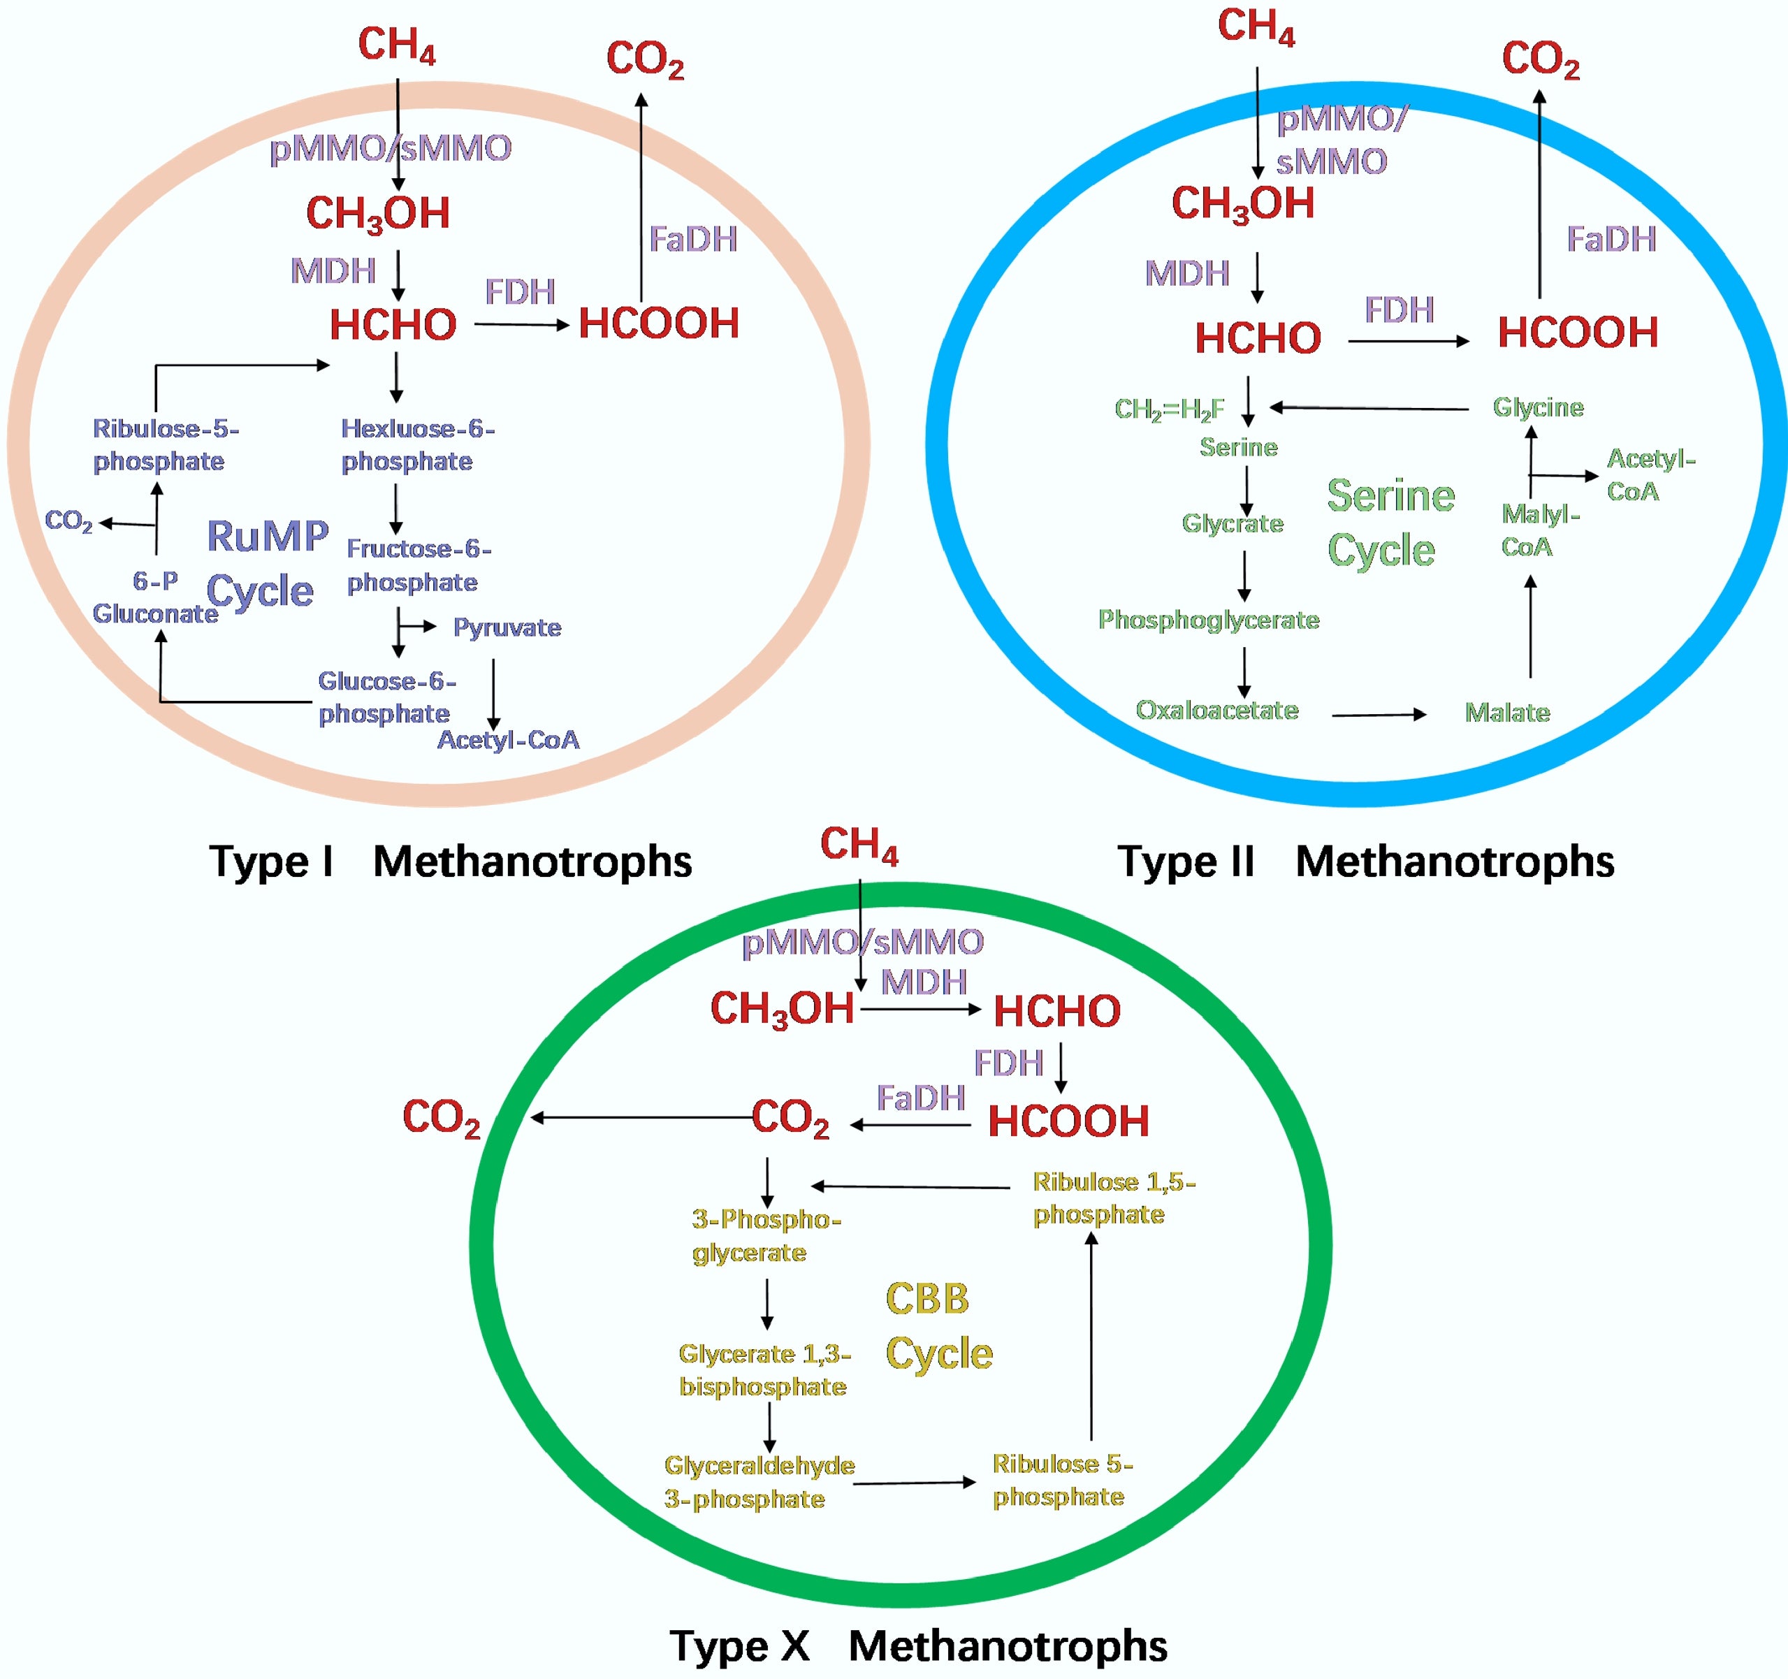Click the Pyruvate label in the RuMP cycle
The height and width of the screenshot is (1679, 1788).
click(x=507, y=627)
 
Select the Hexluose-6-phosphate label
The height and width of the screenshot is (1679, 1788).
click(x=416, y=444)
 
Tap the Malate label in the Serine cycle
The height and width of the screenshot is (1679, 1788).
click(x=1507, y=713)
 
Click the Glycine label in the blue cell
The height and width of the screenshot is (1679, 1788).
click(x=1538, y=407)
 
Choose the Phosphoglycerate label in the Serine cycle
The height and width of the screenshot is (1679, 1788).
click(x=1208, y=620)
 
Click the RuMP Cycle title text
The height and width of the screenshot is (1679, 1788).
click(x=266, y=563)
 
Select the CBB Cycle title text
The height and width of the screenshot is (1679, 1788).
click(x=938, y=1325)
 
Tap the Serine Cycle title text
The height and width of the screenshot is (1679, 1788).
click(x=1390, y=523)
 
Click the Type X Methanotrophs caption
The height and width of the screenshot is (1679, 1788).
click(x=917, y=1645)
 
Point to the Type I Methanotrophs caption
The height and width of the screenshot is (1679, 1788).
click(x=450, y=862)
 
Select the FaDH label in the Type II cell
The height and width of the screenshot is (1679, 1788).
click(x=1611, y=239)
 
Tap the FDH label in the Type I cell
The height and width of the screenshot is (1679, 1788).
click(x=520, y=291)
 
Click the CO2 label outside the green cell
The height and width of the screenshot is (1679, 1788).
click(x=441, y=1118)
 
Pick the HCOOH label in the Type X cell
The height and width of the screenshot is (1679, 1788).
click(x=1068, y=1121)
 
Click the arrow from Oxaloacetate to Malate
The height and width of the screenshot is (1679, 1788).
click(x=1378, y=715)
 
